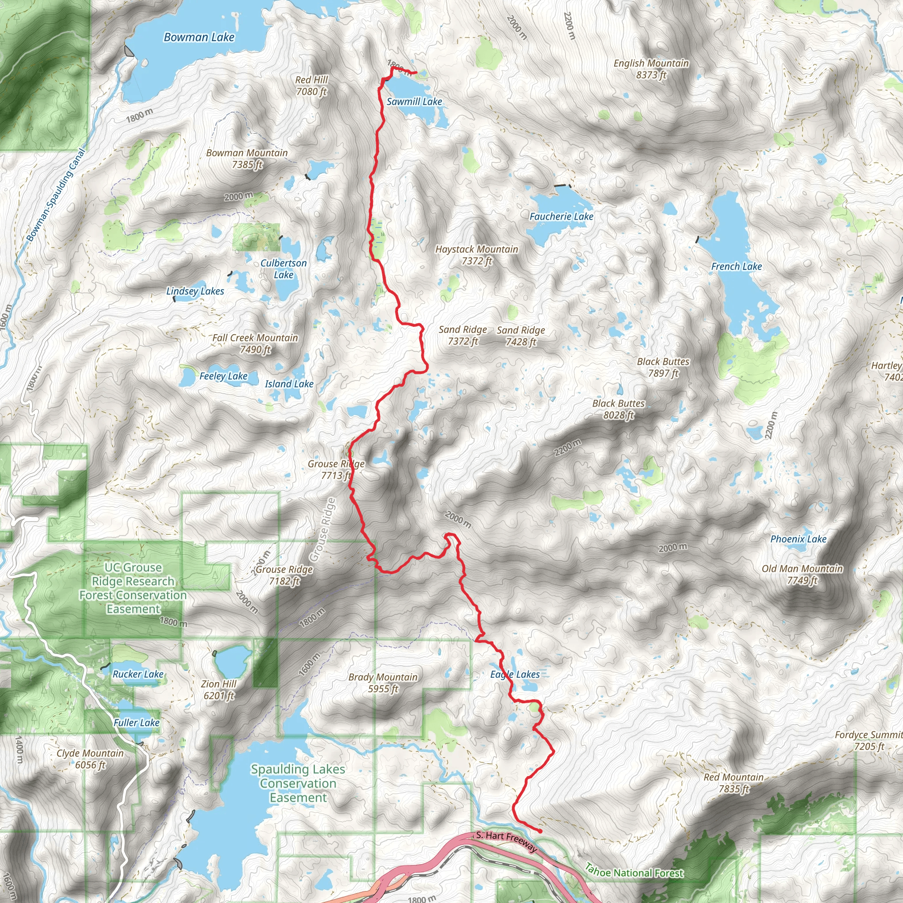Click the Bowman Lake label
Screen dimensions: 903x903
coord(199,37)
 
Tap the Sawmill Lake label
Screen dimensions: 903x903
coord(414,101)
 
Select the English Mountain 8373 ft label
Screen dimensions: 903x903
coord(651,69)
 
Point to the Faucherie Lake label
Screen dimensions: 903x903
coord(561,216)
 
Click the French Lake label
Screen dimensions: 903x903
coord(736,266)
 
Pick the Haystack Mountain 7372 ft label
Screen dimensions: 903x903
coord(477,255)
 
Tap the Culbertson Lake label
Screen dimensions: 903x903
coord(284,269)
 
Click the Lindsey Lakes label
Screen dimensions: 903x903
coord(195,291)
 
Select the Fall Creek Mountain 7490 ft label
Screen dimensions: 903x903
coord(255,343)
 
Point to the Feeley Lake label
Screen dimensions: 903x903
coord(224,376)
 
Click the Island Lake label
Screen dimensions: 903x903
coord(289,384)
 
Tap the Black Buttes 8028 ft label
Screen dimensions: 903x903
coord(618,409)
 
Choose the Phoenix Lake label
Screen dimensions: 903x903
coord(799,539)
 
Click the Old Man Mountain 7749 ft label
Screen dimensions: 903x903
coord(802,574)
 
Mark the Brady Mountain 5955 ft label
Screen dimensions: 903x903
coord(383,683)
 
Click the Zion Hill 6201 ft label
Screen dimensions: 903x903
coord(219,690)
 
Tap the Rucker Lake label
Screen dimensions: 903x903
coord(138,674)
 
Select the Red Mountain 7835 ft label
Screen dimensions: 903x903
coord(734,783)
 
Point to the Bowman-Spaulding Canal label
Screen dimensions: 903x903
coord(56,195)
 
